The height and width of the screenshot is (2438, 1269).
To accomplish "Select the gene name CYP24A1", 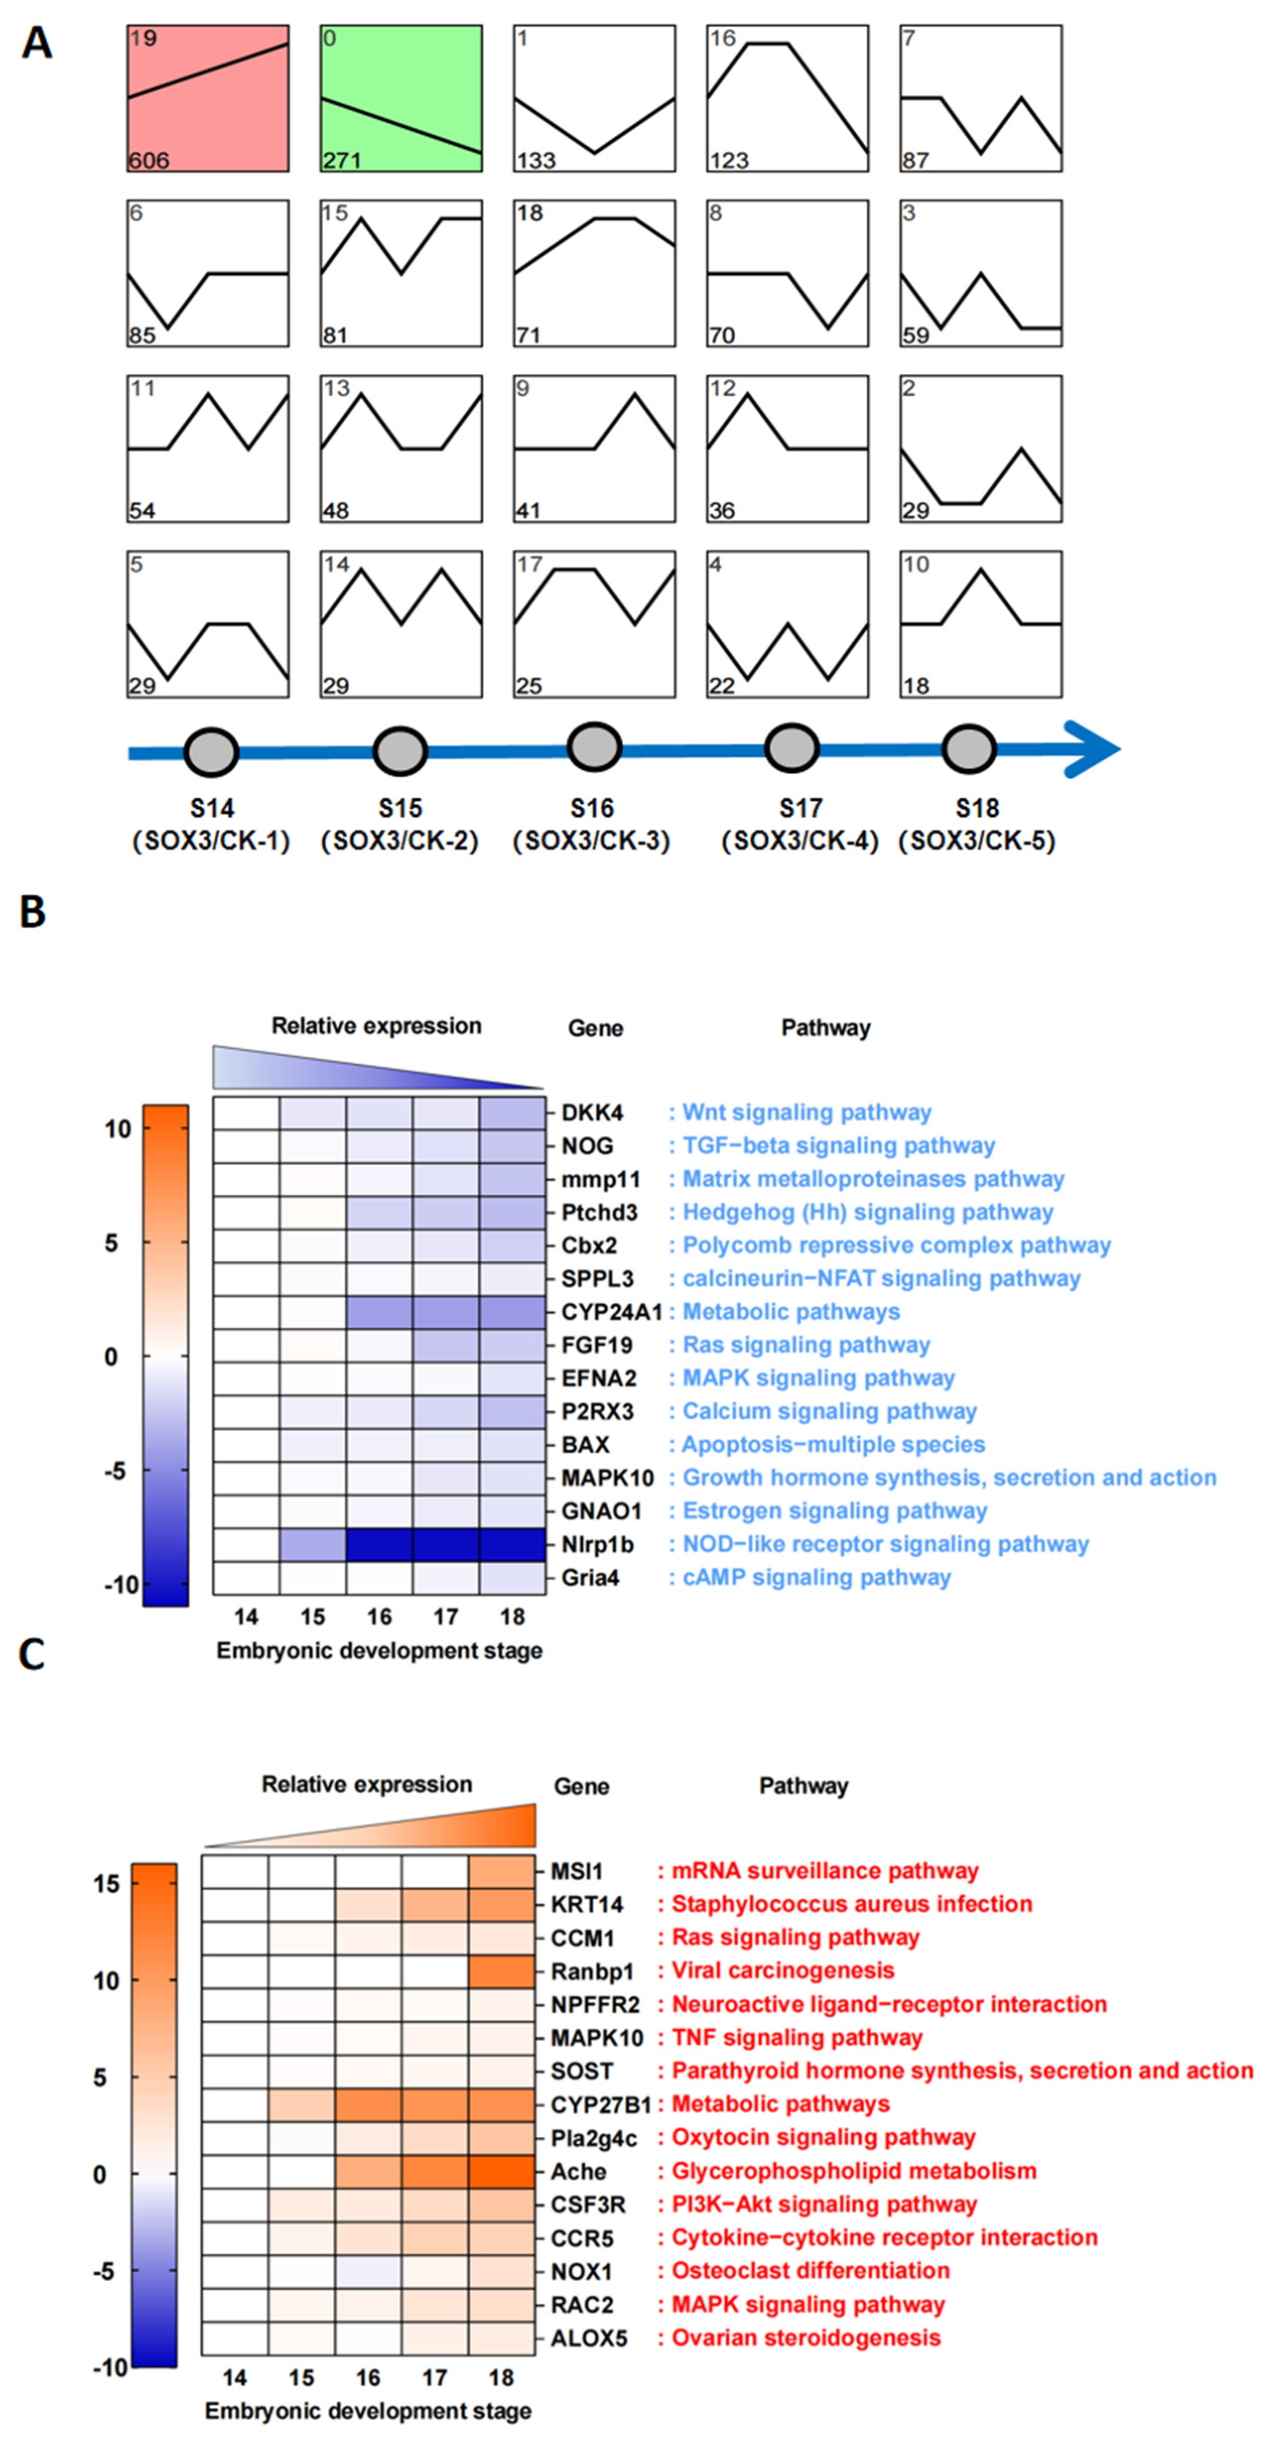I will [610, 1312].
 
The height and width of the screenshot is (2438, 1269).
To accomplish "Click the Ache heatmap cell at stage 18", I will [502, 2171].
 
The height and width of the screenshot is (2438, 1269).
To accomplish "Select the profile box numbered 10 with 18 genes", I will [980, 625].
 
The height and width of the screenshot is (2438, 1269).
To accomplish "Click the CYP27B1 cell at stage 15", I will [301, 2104].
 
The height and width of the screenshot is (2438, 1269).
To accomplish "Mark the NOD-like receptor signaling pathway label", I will [886, 1544].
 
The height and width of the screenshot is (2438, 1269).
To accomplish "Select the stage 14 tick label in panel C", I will [235, 2377].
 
